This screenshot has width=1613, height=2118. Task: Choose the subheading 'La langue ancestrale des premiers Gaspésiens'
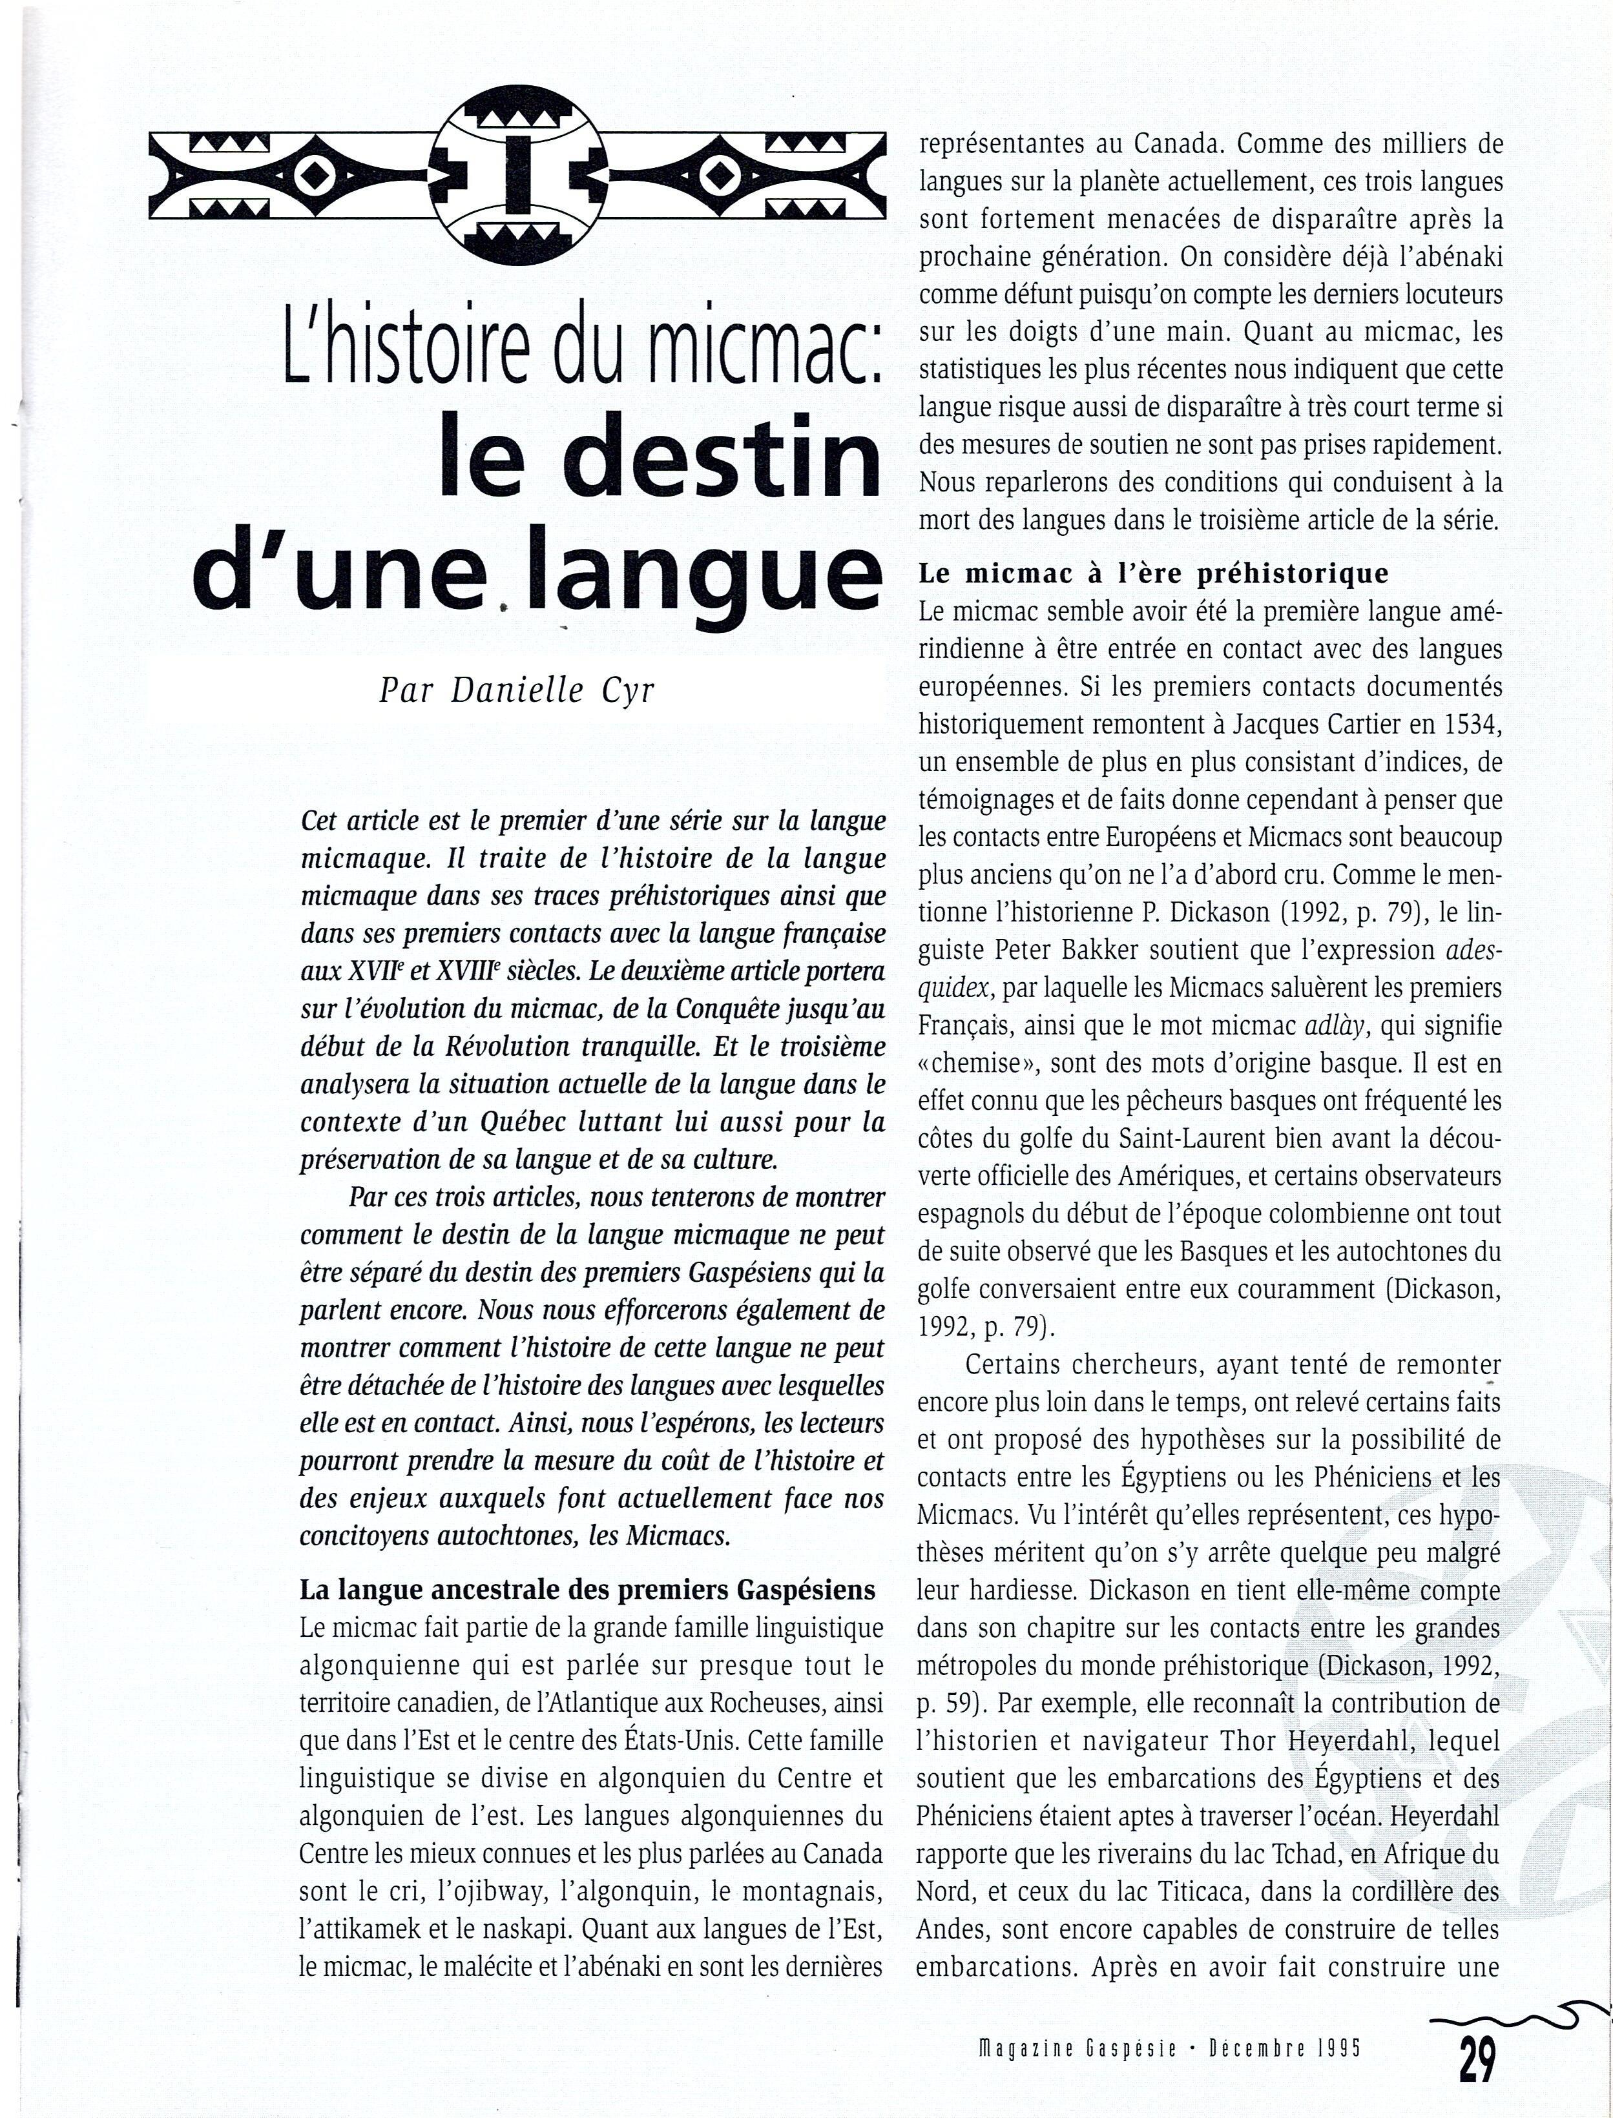588,1590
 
